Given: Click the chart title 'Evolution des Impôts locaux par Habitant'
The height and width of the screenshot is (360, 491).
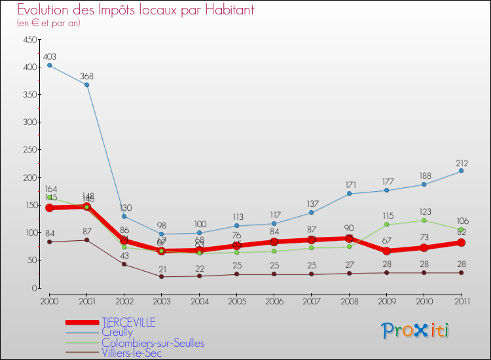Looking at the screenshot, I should [136, 10].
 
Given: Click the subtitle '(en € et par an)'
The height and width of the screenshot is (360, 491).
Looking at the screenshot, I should [48, 23].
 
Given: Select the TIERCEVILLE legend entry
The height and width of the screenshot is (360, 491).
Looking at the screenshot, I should [128, 322].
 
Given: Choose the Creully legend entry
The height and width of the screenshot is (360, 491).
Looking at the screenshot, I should [117, 333].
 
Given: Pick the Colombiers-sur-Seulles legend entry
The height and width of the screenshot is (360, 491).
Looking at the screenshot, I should [153, 343].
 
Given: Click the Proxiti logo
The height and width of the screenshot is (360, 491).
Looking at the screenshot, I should [416, 331].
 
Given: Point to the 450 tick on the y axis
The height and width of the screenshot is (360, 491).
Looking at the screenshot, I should [28, 40].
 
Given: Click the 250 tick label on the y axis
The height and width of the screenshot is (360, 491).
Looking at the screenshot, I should [28, 150].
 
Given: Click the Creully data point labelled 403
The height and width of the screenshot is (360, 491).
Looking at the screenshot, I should [49, 65].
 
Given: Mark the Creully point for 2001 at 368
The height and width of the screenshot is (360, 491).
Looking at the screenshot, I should [86, 84].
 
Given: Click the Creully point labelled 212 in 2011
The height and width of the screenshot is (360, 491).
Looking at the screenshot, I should [462, 171].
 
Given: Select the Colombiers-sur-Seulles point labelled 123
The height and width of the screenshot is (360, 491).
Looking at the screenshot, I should [424, 220].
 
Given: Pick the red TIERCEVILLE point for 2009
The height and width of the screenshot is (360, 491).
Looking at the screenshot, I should [386, 251].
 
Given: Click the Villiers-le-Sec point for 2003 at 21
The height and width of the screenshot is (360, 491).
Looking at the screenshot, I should [162, 276].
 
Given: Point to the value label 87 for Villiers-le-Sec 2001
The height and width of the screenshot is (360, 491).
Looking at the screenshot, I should [86, 232].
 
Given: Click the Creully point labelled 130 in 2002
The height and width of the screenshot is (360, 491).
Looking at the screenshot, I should [124, 216].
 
